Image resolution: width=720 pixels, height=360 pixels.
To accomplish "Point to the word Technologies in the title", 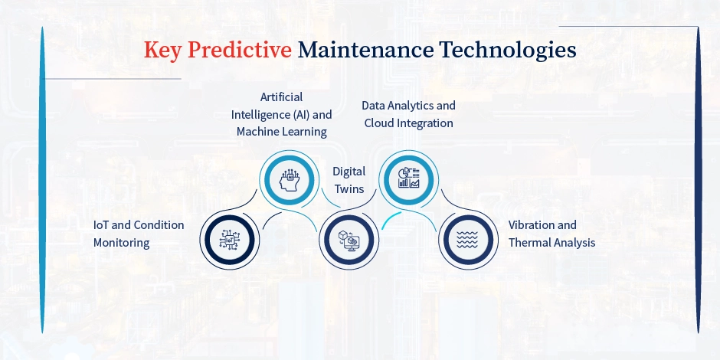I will [x=506, y=50].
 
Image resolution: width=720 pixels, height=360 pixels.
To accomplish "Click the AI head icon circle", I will [x=288, y=178].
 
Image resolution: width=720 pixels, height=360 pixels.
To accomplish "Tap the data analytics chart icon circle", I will [x=408, y=178].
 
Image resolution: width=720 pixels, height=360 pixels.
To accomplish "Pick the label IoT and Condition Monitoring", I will [x=139, y=234].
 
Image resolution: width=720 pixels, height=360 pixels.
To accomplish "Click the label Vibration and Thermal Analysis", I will [x=551, y=234].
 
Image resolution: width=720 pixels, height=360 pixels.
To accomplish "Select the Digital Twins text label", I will [x=349, y=180].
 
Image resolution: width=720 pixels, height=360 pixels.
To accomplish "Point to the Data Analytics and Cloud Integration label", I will [x=408, y=114].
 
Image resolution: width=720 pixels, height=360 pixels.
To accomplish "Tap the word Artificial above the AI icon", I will [x=281, y=97].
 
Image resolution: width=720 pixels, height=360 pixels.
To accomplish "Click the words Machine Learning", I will [x=281, y=132].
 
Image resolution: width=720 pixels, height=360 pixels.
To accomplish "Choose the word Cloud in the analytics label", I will [x=380, y=123].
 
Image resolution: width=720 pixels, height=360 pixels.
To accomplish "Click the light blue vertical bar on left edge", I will [x=43, y=180].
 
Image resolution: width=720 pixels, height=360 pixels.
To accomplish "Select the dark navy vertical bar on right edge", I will [x=698, y=180].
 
